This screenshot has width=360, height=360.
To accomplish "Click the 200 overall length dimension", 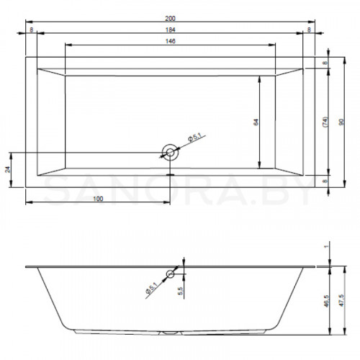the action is (170, 18).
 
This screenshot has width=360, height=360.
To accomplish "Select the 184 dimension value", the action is (170, 30).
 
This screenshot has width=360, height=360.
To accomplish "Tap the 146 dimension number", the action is (170, 41).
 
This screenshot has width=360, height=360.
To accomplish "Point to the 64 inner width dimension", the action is (256, 122).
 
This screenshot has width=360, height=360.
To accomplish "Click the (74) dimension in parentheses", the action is (325, 122).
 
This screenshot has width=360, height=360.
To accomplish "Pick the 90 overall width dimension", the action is (341, 122).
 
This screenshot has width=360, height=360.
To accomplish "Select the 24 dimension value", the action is (8, 169).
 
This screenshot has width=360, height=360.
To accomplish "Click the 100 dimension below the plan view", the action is (98, 199).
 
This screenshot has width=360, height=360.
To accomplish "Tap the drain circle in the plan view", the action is (170, 152).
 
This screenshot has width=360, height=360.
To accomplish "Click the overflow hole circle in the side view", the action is (170, 274).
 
